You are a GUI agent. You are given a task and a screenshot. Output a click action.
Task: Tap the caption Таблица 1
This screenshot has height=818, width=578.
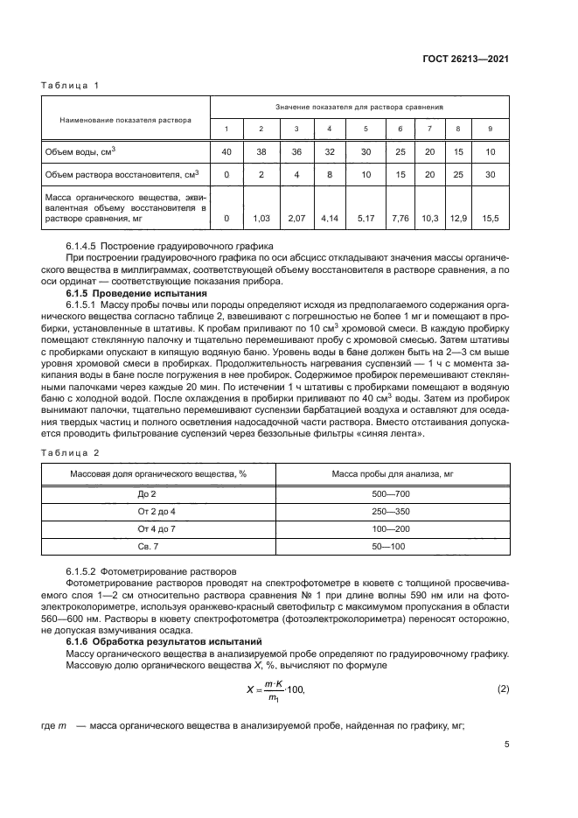pyautogui.click(x=71, y=85)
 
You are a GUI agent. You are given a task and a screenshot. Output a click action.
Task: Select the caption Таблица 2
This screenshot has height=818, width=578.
pyautogui.click(x=71, y=453)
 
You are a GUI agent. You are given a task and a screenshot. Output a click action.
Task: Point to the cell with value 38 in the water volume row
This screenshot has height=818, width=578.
pyautogui.click(x=260, y=151)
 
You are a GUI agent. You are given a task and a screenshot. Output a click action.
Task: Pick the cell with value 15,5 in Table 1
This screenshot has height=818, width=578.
pyautogui.click(x=490, y=217)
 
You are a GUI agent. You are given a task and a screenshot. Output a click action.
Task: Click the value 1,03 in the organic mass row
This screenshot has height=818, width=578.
pyautogui.click(x=260, y=217)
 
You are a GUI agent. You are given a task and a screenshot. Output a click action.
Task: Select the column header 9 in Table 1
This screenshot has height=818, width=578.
pyautogui.click(x=490, y=129)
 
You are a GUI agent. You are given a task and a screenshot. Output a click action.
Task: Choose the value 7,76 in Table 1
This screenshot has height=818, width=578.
pyautogui.click(x=400, y=217)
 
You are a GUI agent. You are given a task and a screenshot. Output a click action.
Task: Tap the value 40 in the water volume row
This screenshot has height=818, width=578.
pyautogui.click(x=226, y=151)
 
